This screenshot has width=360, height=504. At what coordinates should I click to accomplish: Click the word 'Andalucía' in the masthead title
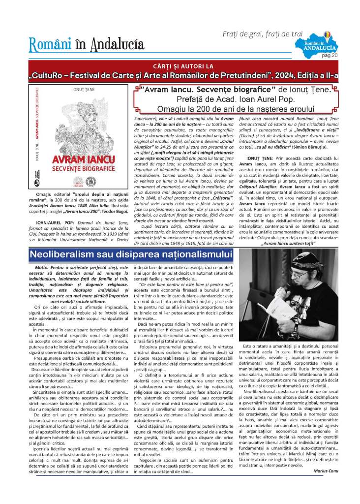[x=116, y=45]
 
